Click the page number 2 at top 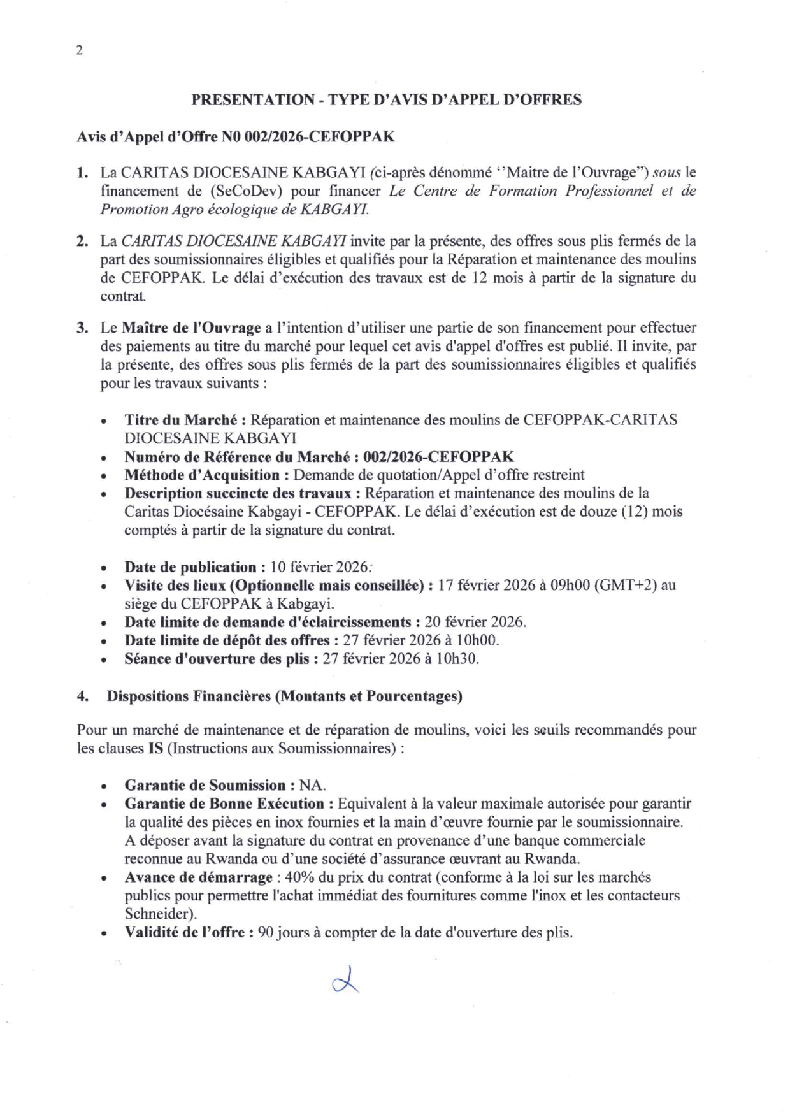[x=79, y=51]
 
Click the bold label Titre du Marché [x=180, y=420]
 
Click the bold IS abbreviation [x=155, y=748]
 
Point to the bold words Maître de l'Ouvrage [x=191, y=328]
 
